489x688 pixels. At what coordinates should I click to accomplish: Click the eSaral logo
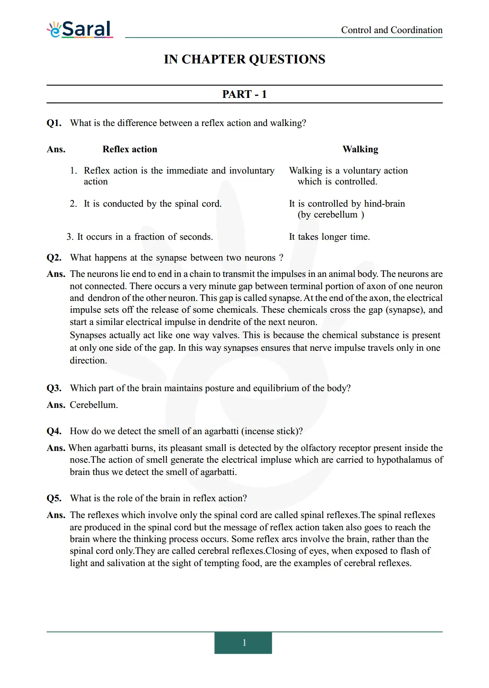[x=80, y=29]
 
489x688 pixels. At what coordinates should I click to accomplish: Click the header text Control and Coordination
[x=392, y=30]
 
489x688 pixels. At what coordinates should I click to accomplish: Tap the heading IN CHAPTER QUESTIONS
[x=244, y=59]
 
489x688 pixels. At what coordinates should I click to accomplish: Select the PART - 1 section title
[x=244, y=94]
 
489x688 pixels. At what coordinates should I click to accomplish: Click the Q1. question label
[x=54, y=123]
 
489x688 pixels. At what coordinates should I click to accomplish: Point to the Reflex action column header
[x=130, y=150]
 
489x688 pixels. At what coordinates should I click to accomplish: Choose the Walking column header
[x=360, y=150]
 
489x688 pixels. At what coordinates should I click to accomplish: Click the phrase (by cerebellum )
[x=331, y=215]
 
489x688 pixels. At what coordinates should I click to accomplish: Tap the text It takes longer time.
[x=329, y=237]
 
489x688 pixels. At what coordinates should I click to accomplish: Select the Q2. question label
[x=54, y=258]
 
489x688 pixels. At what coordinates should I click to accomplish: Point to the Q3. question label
[x=54, y=388]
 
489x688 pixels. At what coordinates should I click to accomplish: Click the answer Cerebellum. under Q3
[x=94, y=405]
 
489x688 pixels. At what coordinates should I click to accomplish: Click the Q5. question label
[x=54, y=499]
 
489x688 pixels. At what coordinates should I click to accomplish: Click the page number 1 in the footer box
[x=244, y=643]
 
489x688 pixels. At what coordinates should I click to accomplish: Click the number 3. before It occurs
[x=70, y=237]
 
